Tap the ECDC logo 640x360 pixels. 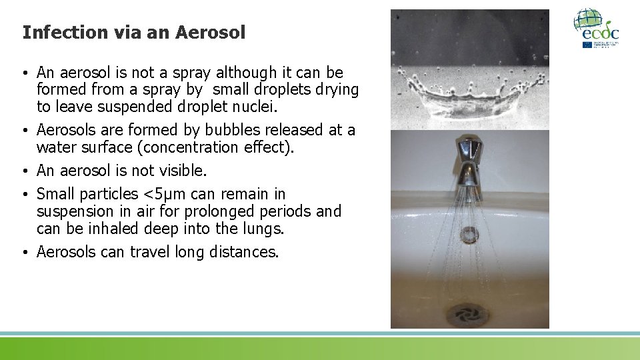(596, 28)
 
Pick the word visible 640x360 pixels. (180, 171)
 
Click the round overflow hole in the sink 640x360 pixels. (469, 234)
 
